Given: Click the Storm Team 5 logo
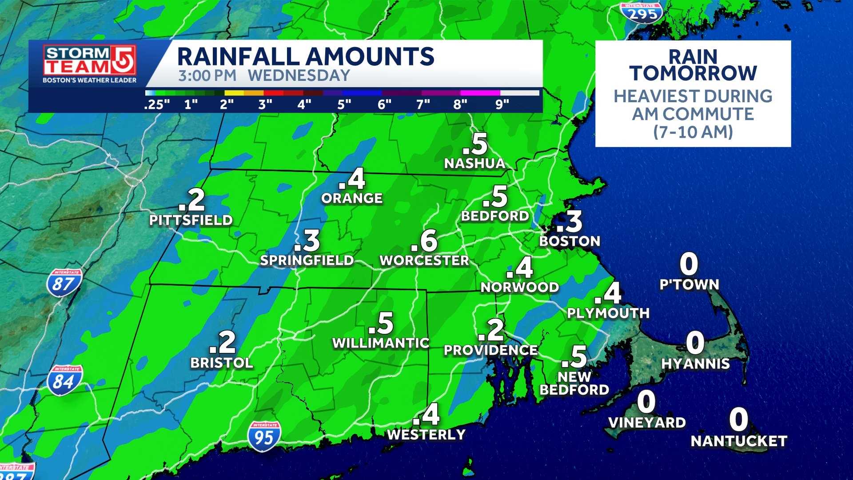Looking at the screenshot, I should [89, 64].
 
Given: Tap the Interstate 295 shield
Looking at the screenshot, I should [642, 13].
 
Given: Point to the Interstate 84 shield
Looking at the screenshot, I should [64, 381].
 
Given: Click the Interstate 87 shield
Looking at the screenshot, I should [64, 283].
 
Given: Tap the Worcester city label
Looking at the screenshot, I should [424, 260].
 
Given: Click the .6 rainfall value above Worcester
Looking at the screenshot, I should [425, 241].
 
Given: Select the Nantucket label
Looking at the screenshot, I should [739, 441].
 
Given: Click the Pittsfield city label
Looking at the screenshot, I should [191, 220].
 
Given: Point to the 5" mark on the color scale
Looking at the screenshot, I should [344, 105].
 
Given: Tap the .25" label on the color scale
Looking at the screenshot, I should [157, 105].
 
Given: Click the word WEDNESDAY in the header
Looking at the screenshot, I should [299, 76].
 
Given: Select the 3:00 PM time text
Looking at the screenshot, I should [207, 76].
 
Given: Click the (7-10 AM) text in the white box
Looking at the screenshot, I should [693, 132].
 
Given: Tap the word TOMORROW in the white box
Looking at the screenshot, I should [693, 73].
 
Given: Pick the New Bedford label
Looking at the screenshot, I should [574, 383].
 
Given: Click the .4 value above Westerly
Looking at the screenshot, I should [426, 415].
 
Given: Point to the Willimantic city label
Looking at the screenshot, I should [381, 343].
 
